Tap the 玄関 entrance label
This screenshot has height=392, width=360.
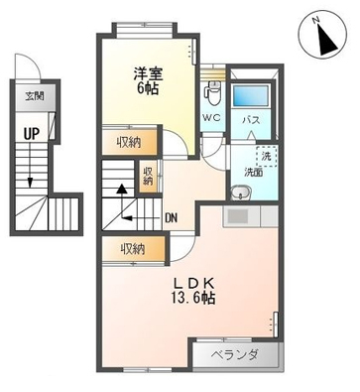tap(35, 97)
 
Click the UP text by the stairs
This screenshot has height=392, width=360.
tap(32, 133)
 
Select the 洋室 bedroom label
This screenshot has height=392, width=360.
tap(148, 74)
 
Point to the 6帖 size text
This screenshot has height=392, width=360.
tap(148, 88)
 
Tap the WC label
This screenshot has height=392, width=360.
tap(212, 117)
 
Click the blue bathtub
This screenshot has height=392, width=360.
tap(251, 95)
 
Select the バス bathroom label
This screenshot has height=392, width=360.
tap(251, 120)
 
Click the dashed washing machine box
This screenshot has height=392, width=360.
tap(267, 156)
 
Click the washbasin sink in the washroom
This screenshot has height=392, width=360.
tap(240, 193)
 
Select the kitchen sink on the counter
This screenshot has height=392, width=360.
tap(237, 216)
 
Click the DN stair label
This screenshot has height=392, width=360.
tap(172, 218)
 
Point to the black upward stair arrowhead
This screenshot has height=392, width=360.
tap(123, 189)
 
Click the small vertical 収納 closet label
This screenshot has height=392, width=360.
tap(148, 177)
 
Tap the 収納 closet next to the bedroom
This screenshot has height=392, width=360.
tap(129, 143)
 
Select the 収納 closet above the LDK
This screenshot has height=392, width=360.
tap(133, 249)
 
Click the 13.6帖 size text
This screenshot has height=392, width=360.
tap(193, 299)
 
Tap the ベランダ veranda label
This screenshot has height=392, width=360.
tap(235, 354)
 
